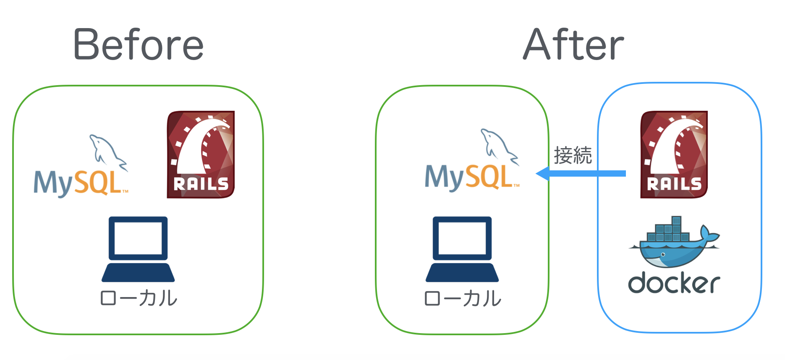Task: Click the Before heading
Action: [x=138, y=44]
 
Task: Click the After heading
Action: [x=573, y=44]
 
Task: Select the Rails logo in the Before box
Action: [x=201, y=154]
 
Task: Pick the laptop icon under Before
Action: [x=138, y=249]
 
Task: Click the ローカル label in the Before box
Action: [x=139, y=298]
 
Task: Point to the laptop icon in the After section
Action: [x=462, y=249]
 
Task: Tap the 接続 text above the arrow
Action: [x=573, y=156]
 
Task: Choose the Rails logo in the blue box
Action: [x=674, y=154]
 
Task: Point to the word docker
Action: [x=674, y=283]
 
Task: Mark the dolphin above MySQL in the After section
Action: [x=497, y=145]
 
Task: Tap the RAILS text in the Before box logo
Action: [x=201, y=184]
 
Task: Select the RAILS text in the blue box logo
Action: [x=674, y=184]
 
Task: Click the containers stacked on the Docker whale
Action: [x=667, y=230]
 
